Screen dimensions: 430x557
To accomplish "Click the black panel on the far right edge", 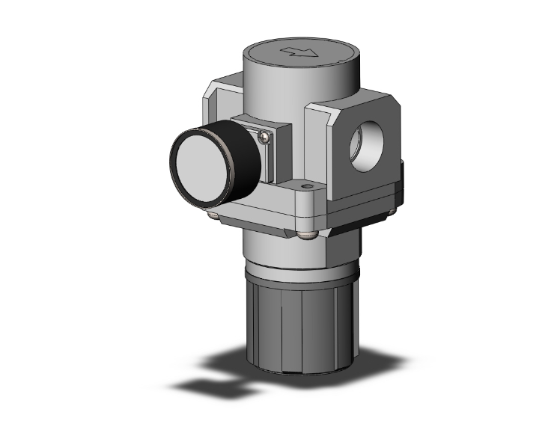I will point(401,179).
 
